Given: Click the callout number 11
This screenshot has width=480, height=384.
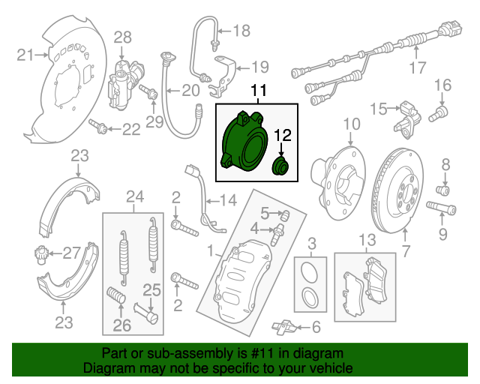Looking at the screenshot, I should click(x=259, y=92).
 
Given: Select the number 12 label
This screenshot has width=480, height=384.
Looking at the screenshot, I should click(x=282, y=135).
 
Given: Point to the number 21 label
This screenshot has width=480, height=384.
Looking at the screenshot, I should click(x=25, y=54).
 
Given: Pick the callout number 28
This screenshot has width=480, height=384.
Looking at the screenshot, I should click(x=122, y=37).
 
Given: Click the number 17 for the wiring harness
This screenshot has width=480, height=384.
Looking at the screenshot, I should click(x=417, y=70).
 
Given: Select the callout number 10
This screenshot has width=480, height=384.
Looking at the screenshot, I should click(x=352, y=123).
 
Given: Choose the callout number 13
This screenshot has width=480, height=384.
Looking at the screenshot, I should click(x=365, y=241).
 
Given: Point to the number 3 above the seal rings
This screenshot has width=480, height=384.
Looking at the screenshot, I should click(x=312, y=242).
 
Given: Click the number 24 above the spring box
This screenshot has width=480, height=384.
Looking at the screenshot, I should click(x=134, y=197).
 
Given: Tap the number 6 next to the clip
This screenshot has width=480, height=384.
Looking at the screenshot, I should click(x=316, y=327).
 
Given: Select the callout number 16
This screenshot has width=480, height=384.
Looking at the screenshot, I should click(x=442, y=84).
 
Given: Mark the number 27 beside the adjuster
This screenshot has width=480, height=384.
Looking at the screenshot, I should click(x=70, y=252).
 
